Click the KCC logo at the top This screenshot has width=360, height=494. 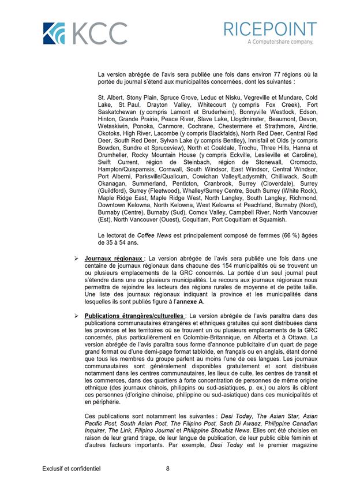click(x=85, y=33)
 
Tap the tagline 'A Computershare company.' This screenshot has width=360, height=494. click(x=280, y=42)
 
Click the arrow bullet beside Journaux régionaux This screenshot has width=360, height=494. click(x=76, y=258)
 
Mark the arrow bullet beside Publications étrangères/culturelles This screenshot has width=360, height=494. click(x=76, y=316)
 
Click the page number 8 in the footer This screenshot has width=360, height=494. click(x=167, y=469)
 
